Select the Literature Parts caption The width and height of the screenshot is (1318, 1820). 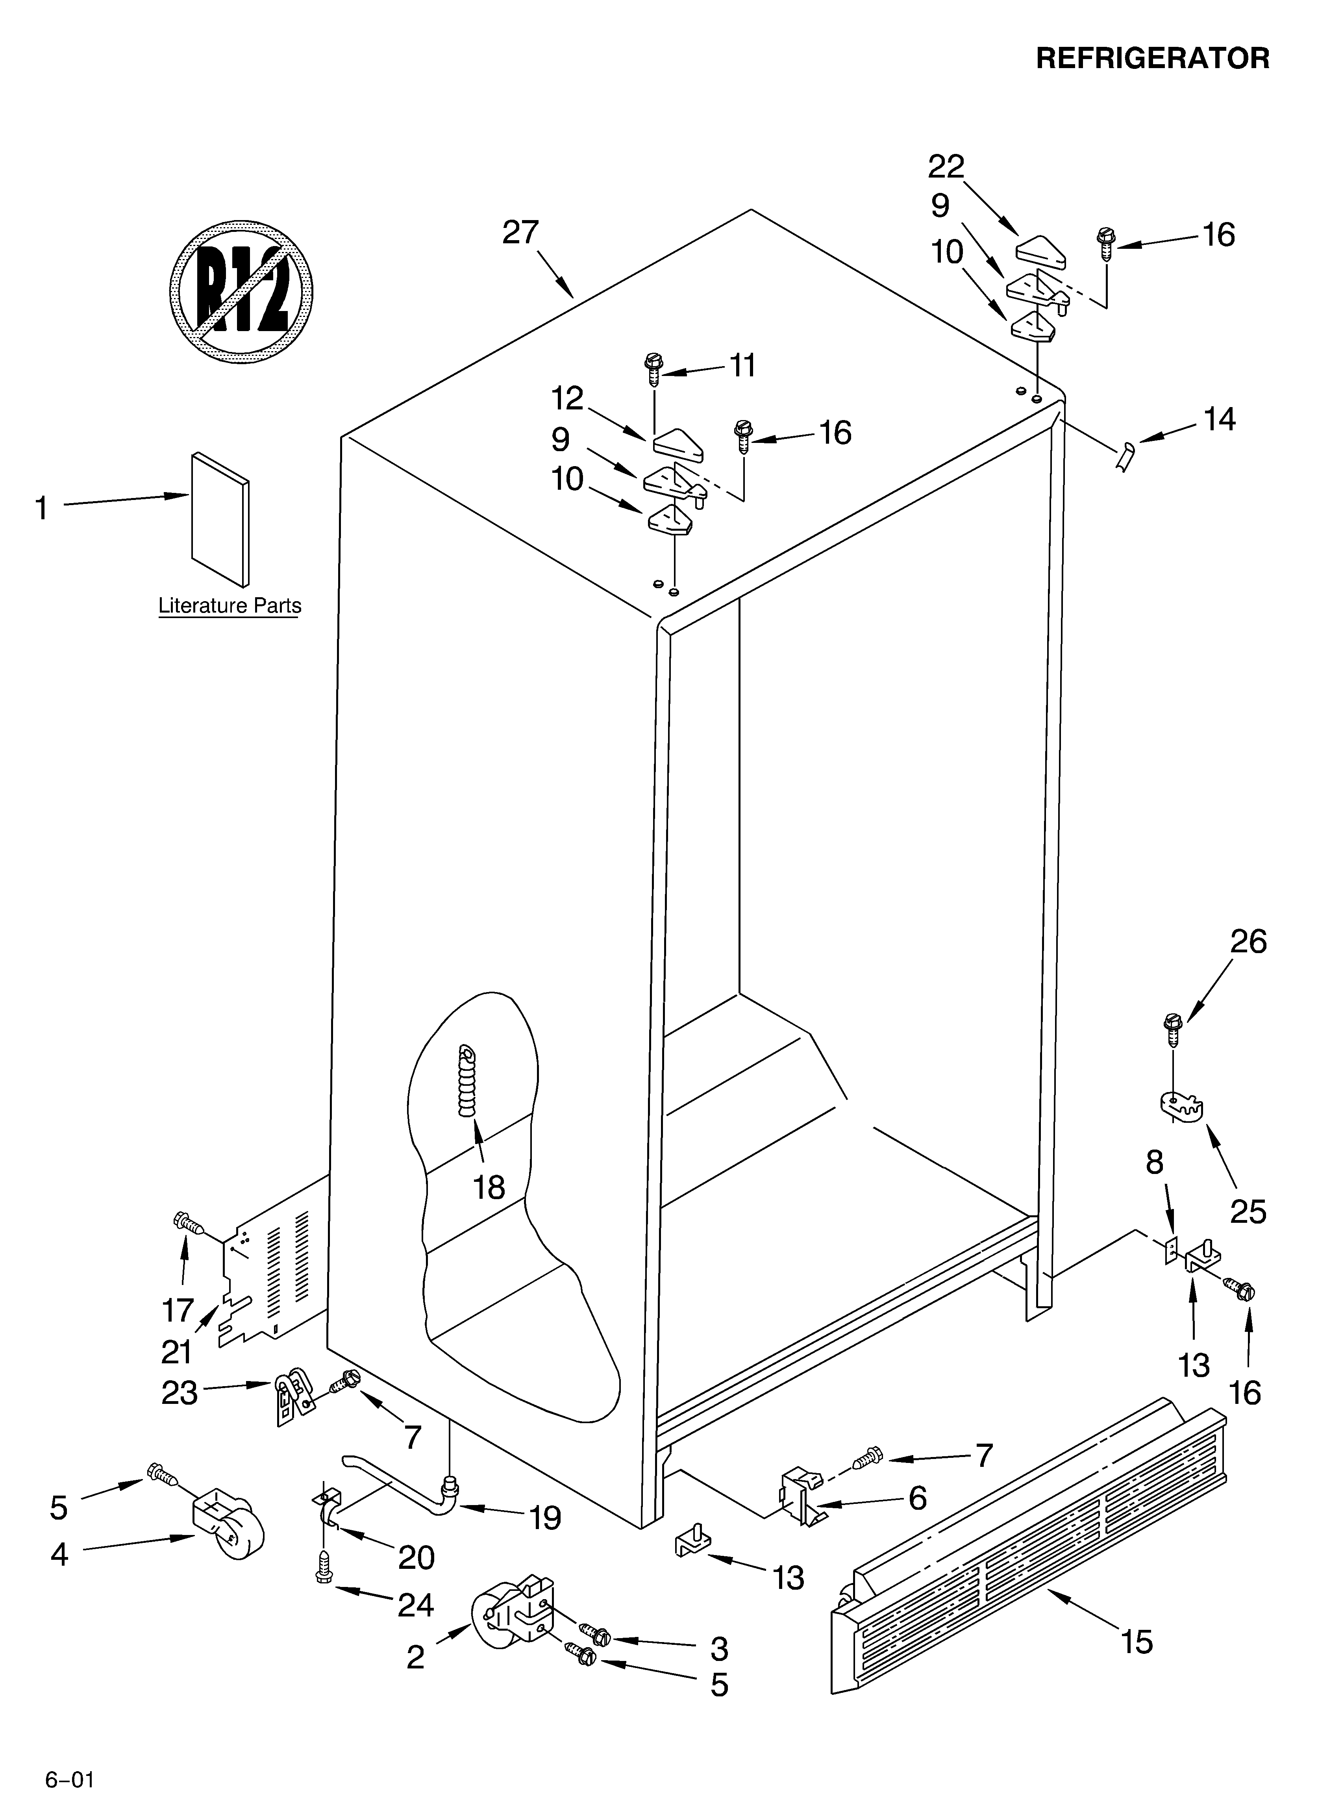(x=230, y=606)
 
